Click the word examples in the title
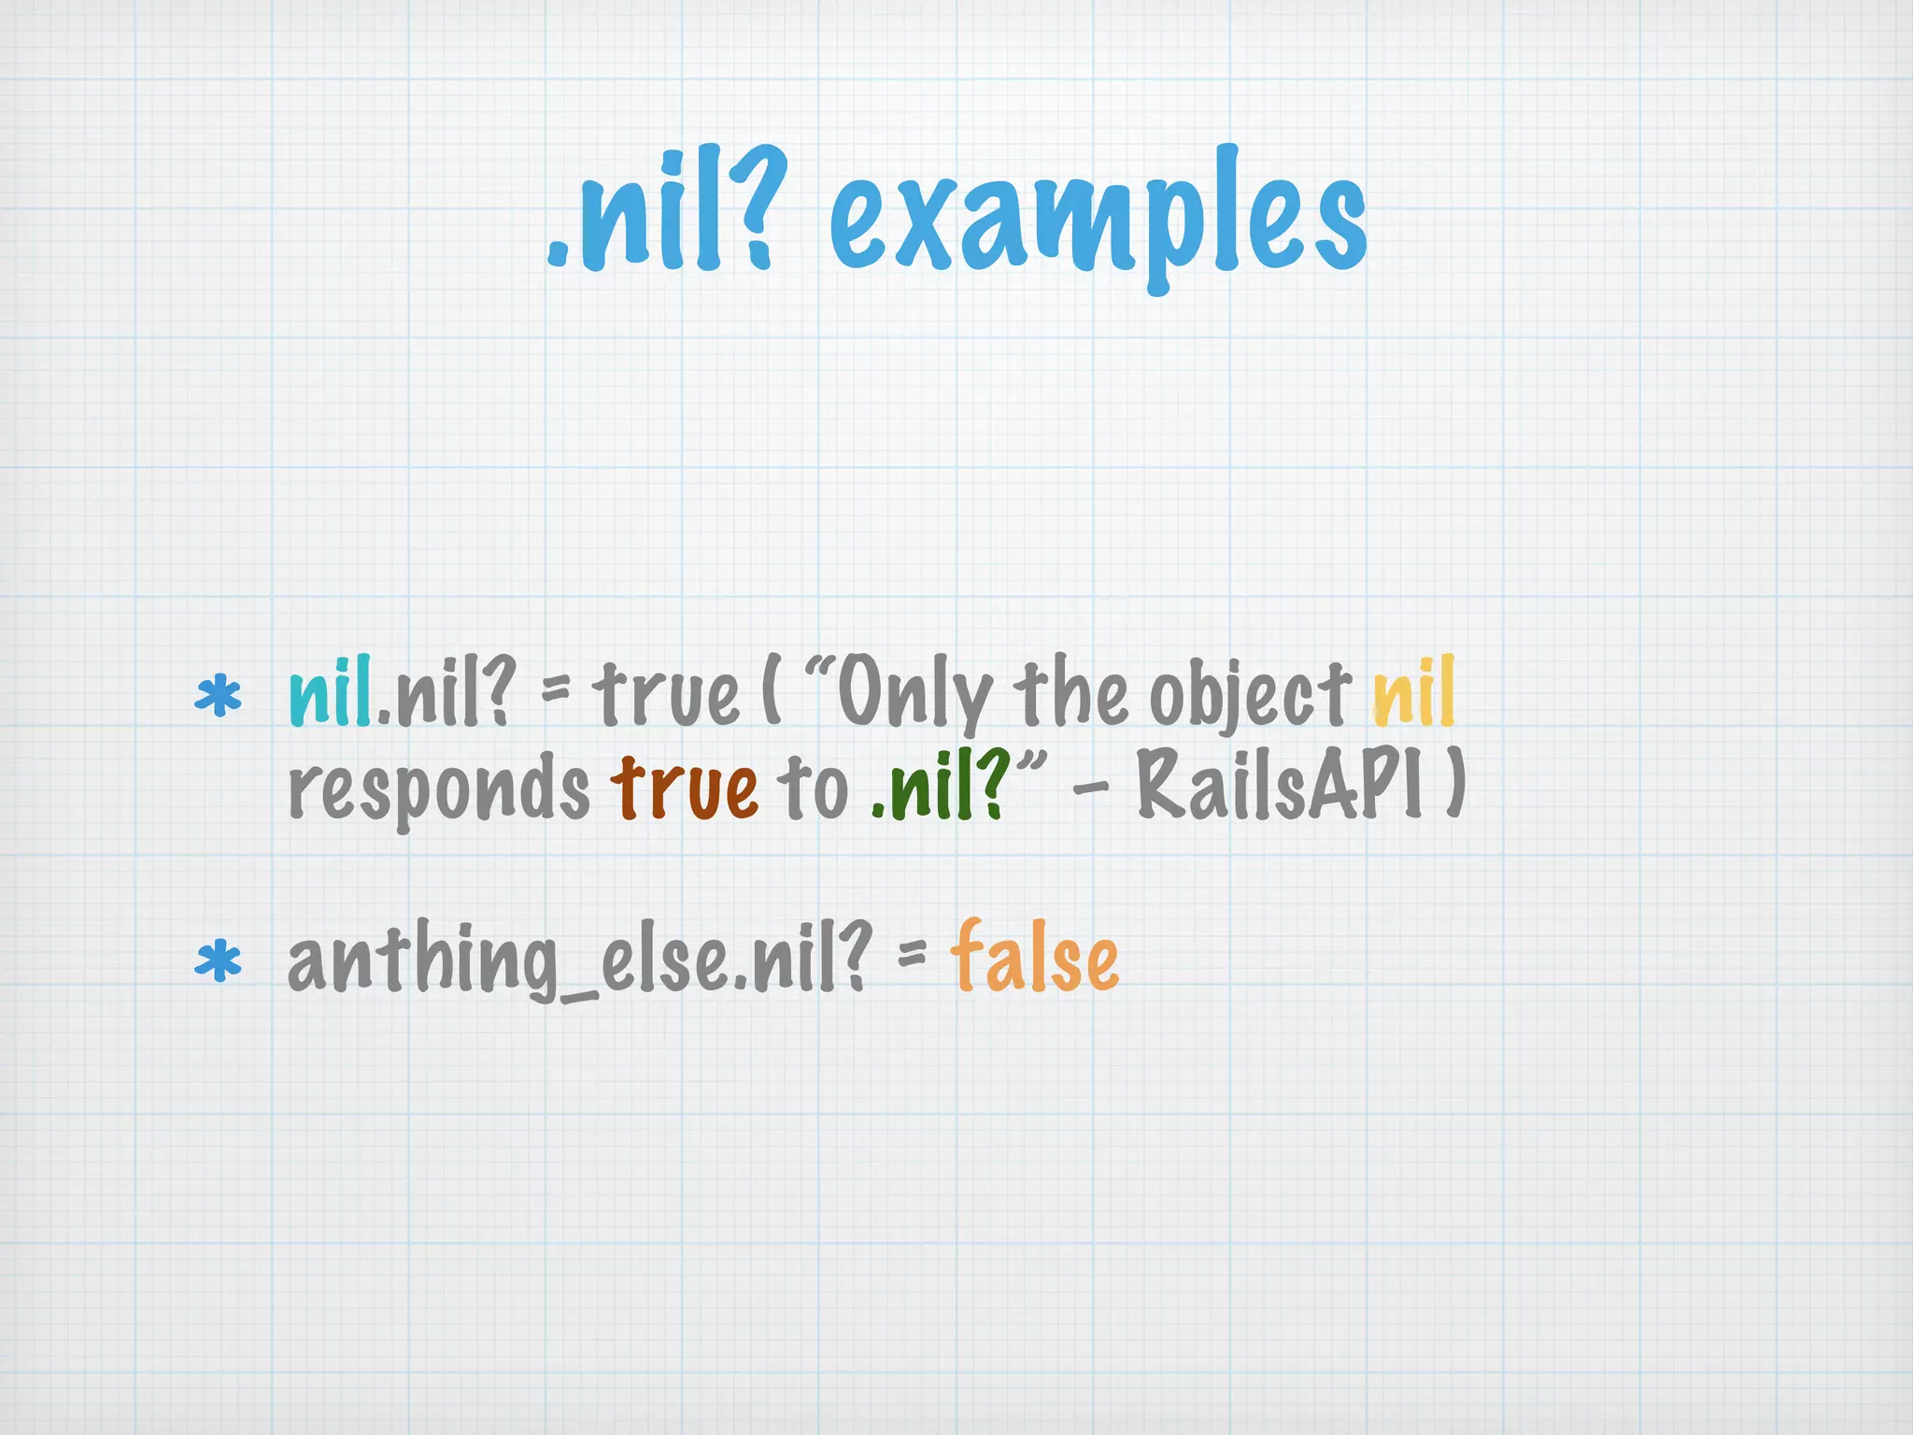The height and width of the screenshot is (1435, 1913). (x=1098, y=220)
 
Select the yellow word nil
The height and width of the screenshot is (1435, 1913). (x=1413, y=692)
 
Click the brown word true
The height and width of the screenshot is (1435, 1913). (x=685, y=787)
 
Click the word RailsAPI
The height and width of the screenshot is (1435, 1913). (x=1280, y=787)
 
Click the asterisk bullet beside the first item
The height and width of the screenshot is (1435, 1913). (x=218, y=696)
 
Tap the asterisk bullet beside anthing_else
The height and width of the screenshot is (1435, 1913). (x=218, y=962)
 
